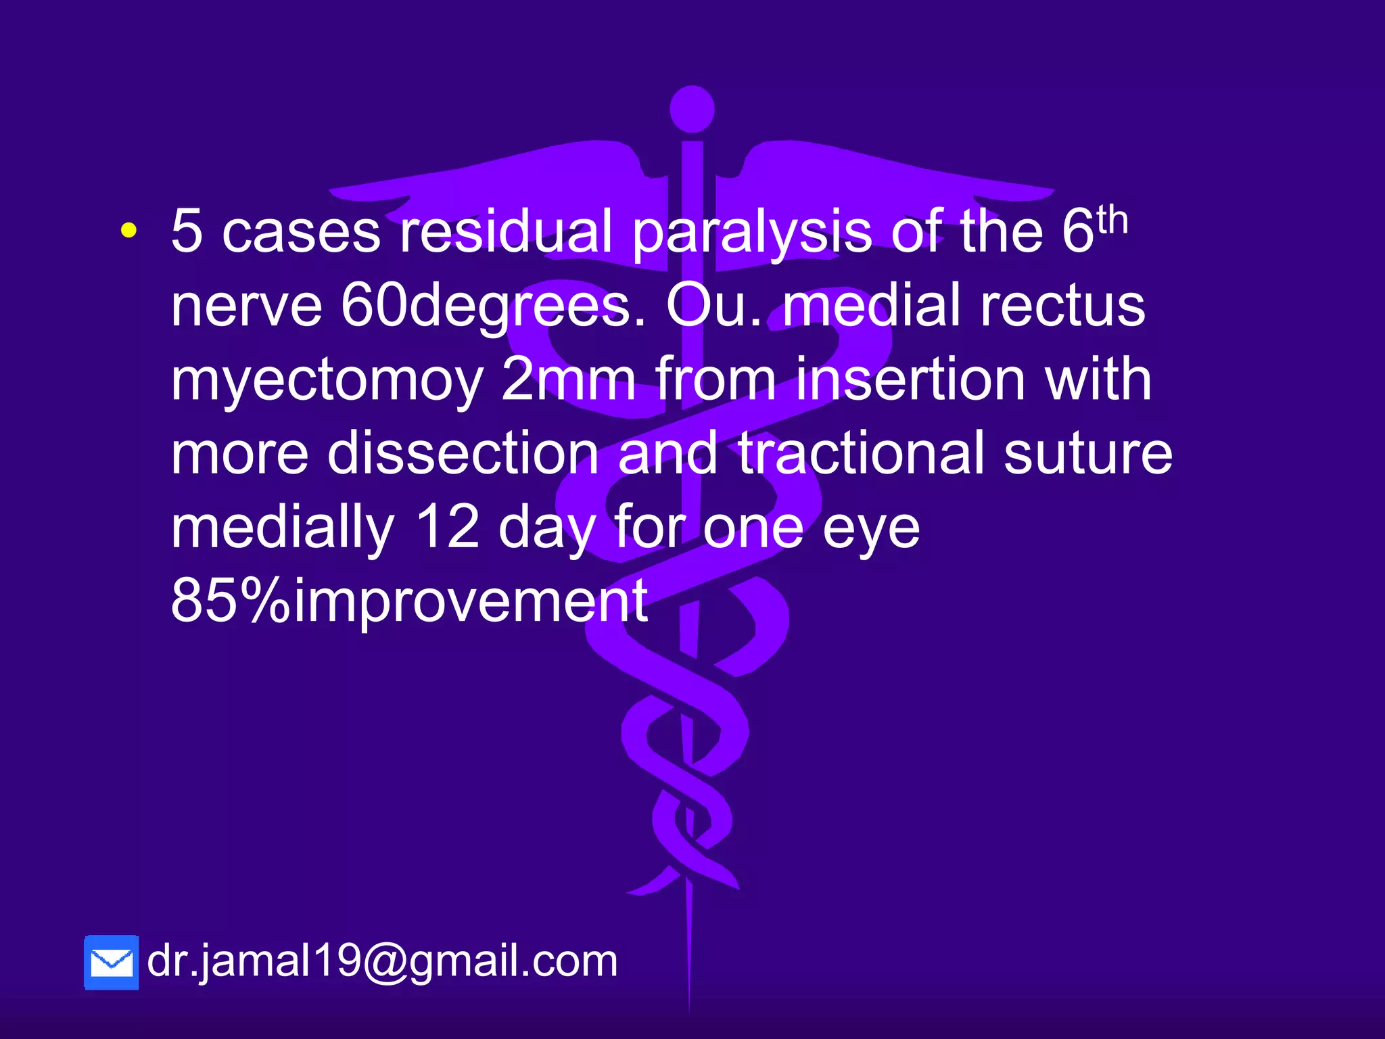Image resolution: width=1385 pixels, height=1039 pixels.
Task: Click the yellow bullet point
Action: pyautogui.click(x=128, y=231)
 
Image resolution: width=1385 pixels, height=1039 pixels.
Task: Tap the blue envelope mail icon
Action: pyautogui.click(x=112, y=962)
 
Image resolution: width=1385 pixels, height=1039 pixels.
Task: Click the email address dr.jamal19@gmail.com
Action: pyautogui.click(x=382, y=961)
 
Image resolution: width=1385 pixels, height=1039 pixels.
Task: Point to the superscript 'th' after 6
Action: pyautogui.click(x=1112, y=221)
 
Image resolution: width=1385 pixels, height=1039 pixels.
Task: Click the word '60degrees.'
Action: pyautogui.click(x=493, y=306)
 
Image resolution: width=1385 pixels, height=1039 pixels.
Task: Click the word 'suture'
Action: pyautogui.click(x=1088, y=453)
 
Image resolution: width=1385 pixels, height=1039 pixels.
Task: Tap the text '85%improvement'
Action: pyautogui.click(x=409, y=601)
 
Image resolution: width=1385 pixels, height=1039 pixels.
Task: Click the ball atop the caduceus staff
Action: pyautogui.click(x=692, y=109)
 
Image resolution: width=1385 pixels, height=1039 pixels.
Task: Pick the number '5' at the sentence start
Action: pyautogui.click(x=187, y=231)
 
